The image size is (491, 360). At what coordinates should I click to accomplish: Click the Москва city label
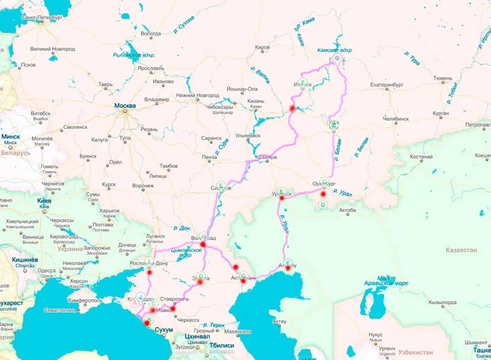125,106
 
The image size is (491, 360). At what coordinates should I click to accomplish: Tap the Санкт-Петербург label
41,17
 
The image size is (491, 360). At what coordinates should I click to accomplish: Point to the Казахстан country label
461,250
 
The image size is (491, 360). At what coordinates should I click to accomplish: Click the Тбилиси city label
221,346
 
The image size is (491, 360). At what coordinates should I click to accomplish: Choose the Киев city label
44,201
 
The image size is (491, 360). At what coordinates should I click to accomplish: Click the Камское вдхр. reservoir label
335,51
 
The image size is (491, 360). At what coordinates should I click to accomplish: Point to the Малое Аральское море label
386,280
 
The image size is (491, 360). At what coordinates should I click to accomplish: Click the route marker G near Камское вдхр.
337,59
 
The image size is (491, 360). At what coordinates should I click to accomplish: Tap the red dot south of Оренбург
323,194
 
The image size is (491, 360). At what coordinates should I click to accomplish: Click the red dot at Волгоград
203,244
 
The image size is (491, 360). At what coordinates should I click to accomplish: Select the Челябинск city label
396,119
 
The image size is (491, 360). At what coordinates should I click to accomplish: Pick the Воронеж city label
143,186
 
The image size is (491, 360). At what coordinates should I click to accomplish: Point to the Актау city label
279,322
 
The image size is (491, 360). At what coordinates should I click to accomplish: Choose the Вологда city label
150,34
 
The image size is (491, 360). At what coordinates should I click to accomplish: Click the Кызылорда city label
442,303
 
